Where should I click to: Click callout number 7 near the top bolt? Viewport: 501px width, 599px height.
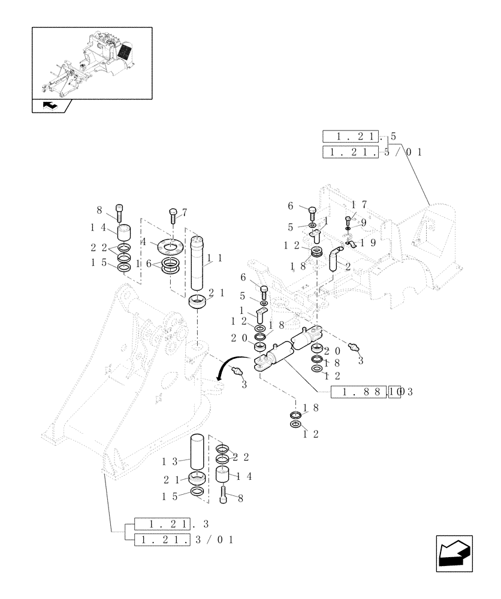[185, 212]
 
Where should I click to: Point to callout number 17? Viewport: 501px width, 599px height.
[358, 204]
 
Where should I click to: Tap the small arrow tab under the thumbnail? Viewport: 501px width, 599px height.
[51, 106]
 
